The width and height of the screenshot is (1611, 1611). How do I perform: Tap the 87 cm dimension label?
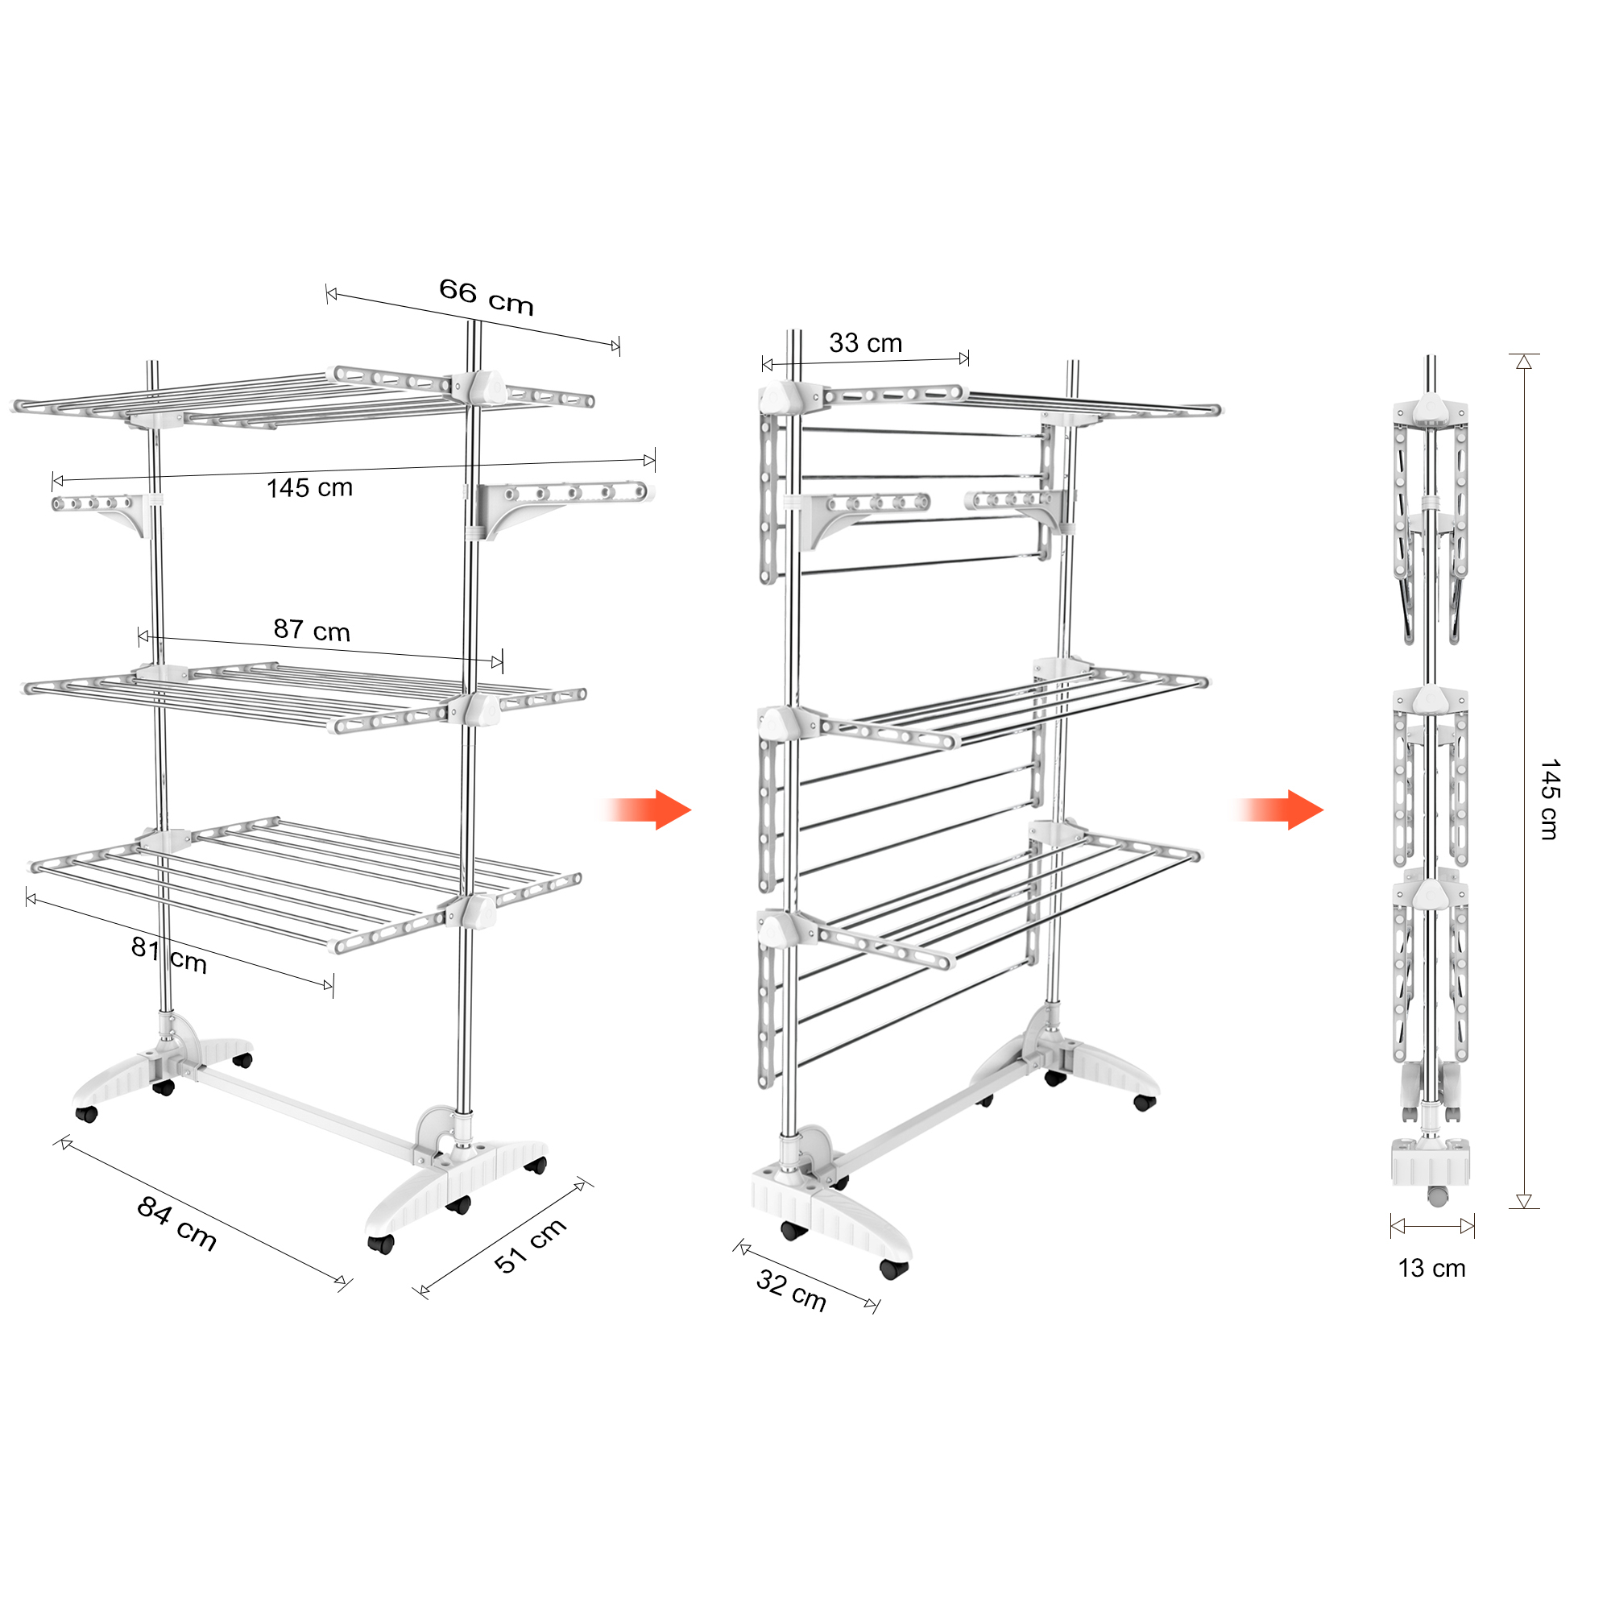[312, 630]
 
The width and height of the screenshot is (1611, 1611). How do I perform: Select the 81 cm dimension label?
[169, 955]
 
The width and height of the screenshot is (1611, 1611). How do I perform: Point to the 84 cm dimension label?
[176, 1224]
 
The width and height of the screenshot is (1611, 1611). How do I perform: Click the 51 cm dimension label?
[530, 1246]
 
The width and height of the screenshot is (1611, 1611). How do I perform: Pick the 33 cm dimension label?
[866, 342]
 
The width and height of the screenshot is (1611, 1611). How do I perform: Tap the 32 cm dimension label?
[791, 1290]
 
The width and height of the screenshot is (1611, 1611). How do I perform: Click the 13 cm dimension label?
[1431, 1269]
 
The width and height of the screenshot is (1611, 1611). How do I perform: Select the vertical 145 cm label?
[1549, 800]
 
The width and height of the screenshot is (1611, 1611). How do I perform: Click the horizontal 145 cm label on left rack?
[309, 488]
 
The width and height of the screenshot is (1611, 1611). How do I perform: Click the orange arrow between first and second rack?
[646, 810]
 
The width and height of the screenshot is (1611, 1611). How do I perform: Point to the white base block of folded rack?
[1430, 1162]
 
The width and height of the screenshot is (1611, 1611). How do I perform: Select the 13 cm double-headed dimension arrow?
[1432, 1226]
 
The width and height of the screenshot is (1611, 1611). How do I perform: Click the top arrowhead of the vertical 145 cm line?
[1524, 362]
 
